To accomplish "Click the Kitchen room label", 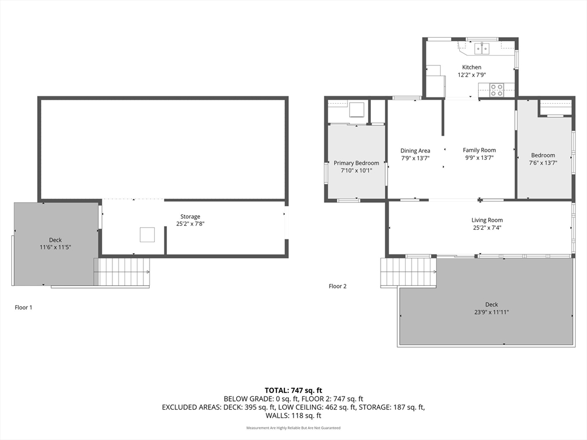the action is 472,68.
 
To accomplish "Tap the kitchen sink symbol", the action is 482,48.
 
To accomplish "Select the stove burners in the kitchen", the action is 497,90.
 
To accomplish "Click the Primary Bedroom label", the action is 357,163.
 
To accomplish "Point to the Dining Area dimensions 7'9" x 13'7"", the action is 415,158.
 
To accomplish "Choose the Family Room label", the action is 479,150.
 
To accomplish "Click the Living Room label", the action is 487,220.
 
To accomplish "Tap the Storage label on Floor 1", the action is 190,217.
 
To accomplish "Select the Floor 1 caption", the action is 24,308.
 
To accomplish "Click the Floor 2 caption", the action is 338,286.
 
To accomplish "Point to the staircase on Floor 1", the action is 122,272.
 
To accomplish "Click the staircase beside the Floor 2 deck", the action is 408,272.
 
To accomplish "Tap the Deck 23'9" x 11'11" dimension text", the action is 491,312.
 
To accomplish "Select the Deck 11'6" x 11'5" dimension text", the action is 56,247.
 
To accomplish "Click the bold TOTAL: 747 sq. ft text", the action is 293,391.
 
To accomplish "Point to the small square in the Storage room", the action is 147,234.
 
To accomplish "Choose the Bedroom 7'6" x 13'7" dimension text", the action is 543,163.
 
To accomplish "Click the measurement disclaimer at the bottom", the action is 293,427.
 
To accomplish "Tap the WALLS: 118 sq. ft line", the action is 293,415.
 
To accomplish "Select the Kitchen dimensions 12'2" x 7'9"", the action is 472,75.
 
